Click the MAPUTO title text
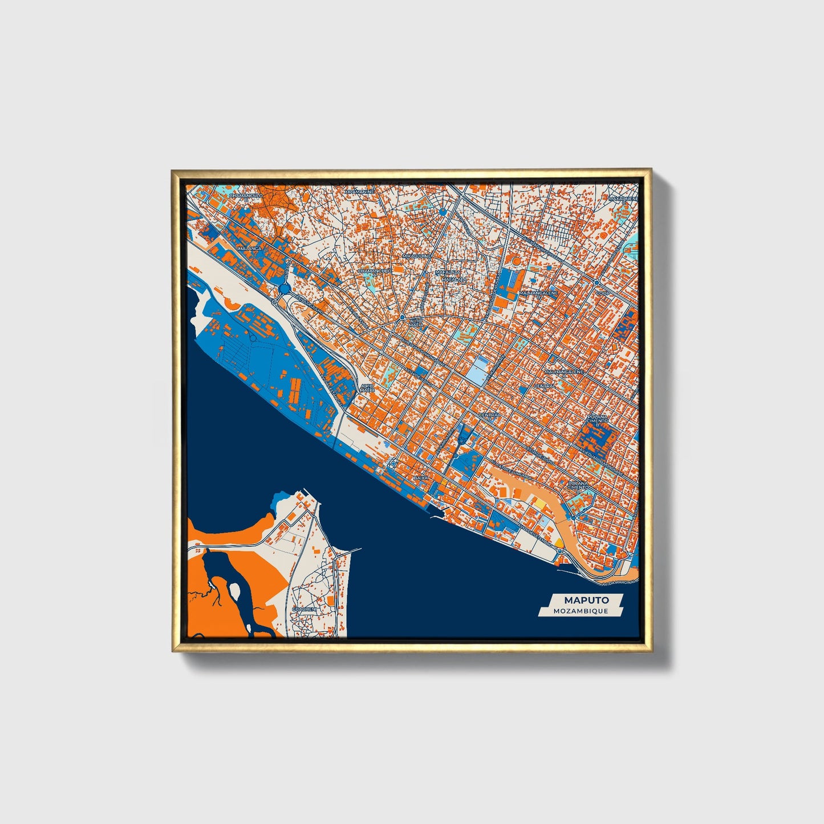[x=586, y=600]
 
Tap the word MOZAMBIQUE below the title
[x=580, y=611]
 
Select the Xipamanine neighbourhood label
[x=360, y=192]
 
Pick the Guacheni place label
[x=303, y=610]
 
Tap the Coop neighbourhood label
[x=603, y=293]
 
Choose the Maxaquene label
[x=623, y=198]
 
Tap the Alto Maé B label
[x=367, y=388]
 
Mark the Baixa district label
[x=421, y=477]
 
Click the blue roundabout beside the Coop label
[x=596, y=282]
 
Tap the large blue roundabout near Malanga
[x=285, y=289]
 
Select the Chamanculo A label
[x=375, y=272]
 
